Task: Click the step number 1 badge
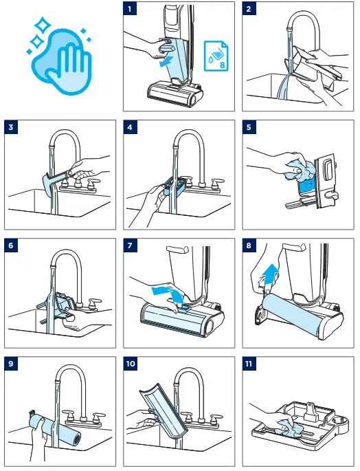click(x=130, y=9)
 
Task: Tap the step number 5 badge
click(x=249, y=127)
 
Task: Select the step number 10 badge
click(x=131, y=364)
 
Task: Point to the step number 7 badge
click(x=130, y=245)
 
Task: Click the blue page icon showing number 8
click(x=216, y=56)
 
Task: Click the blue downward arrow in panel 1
click(x=166, y=62)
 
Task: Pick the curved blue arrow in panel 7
click(x=169, y=294)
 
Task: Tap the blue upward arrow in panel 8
click(x=270, y=274)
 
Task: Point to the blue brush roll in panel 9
click(x=56, y=429)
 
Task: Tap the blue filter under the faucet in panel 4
click(x=173, y=187)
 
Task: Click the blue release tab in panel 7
click(x=183, y=307)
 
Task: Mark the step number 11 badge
click(x=249, y=364)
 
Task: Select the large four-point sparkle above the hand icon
click(x=43, y=25)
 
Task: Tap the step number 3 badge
click(x=11, y=127)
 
